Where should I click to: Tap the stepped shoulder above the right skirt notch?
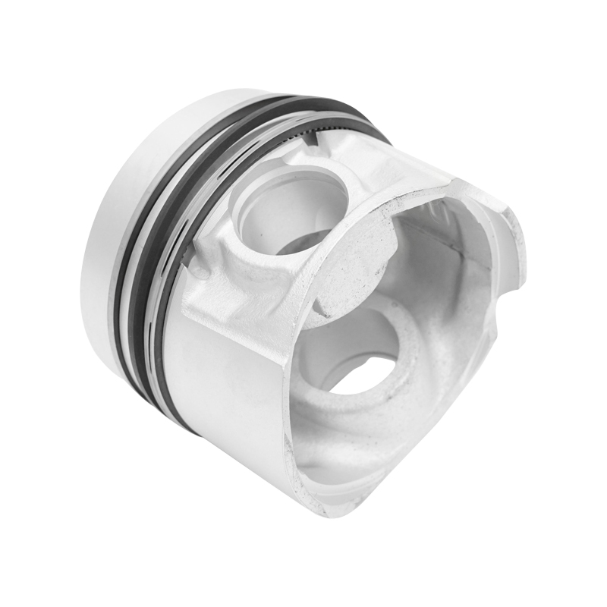click(x=493, y=205)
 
